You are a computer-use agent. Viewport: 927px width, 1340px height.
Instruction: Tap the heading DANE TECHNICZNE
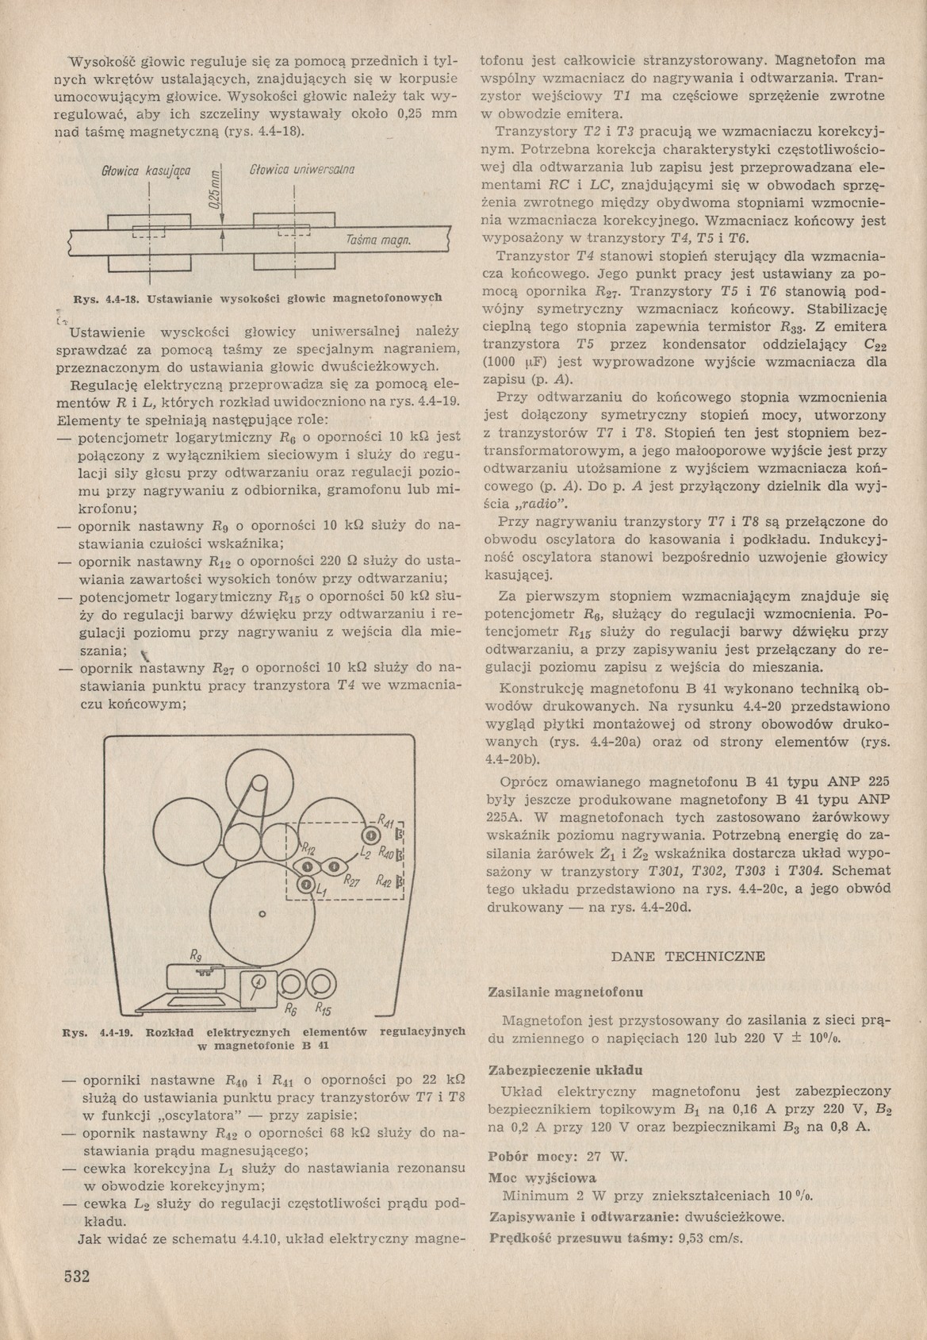pos(689,956)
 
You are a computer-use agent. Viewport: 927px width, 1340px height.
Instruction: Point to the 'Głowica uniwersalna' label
pos(301,169)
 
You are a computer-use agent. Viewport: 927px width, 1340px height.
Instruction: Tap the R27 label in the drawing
pos(353,881)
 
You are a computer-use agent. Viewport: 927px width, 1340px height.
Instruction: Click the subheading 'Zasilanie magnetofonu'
pos(565,992)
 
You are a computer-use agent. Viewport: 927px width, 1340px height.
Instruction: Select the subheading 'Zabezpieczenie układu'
pos(565,1069)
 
